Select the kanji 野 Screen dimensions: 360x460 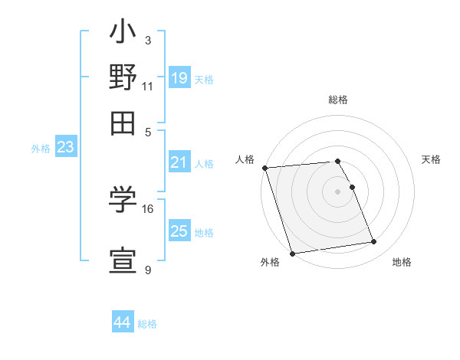123,79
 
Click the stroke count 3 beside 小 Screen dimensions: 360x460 148,39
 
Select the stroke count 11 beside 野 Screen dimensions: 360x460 148,86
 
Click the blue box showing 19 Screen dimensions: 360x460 179,78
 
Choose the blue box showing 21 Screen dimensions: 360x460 179,162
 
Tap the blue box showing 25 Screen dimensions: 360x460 179,231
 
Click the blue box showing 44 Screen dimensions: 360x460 122,323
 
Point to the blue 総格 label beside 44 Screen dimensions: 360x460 147,324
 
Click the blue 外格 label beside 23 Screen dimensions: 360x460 40,149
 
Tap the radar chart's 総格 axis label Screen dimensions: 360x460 338,100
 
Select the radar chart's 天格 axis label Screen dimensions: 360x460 432,159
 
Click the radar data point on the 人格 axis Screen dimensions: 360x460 264,168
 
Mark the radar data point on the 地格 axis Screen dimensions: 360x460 374,242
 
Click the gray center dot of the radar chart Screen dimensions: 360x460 338,191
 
